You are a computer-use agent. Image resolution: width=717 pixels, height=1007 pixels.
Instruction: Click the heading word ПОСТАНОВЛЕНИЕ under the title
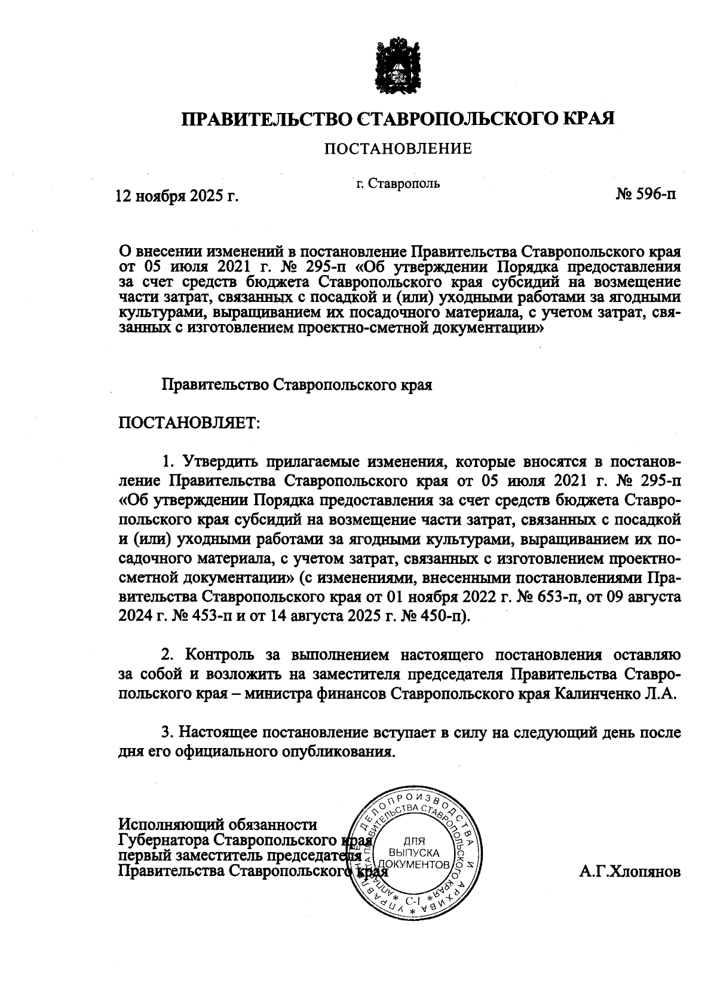click(x=397, y=148)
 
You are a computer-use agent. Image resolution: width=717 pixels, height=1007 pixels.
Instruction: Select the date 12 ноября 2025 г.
click(x=177, y=196)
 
